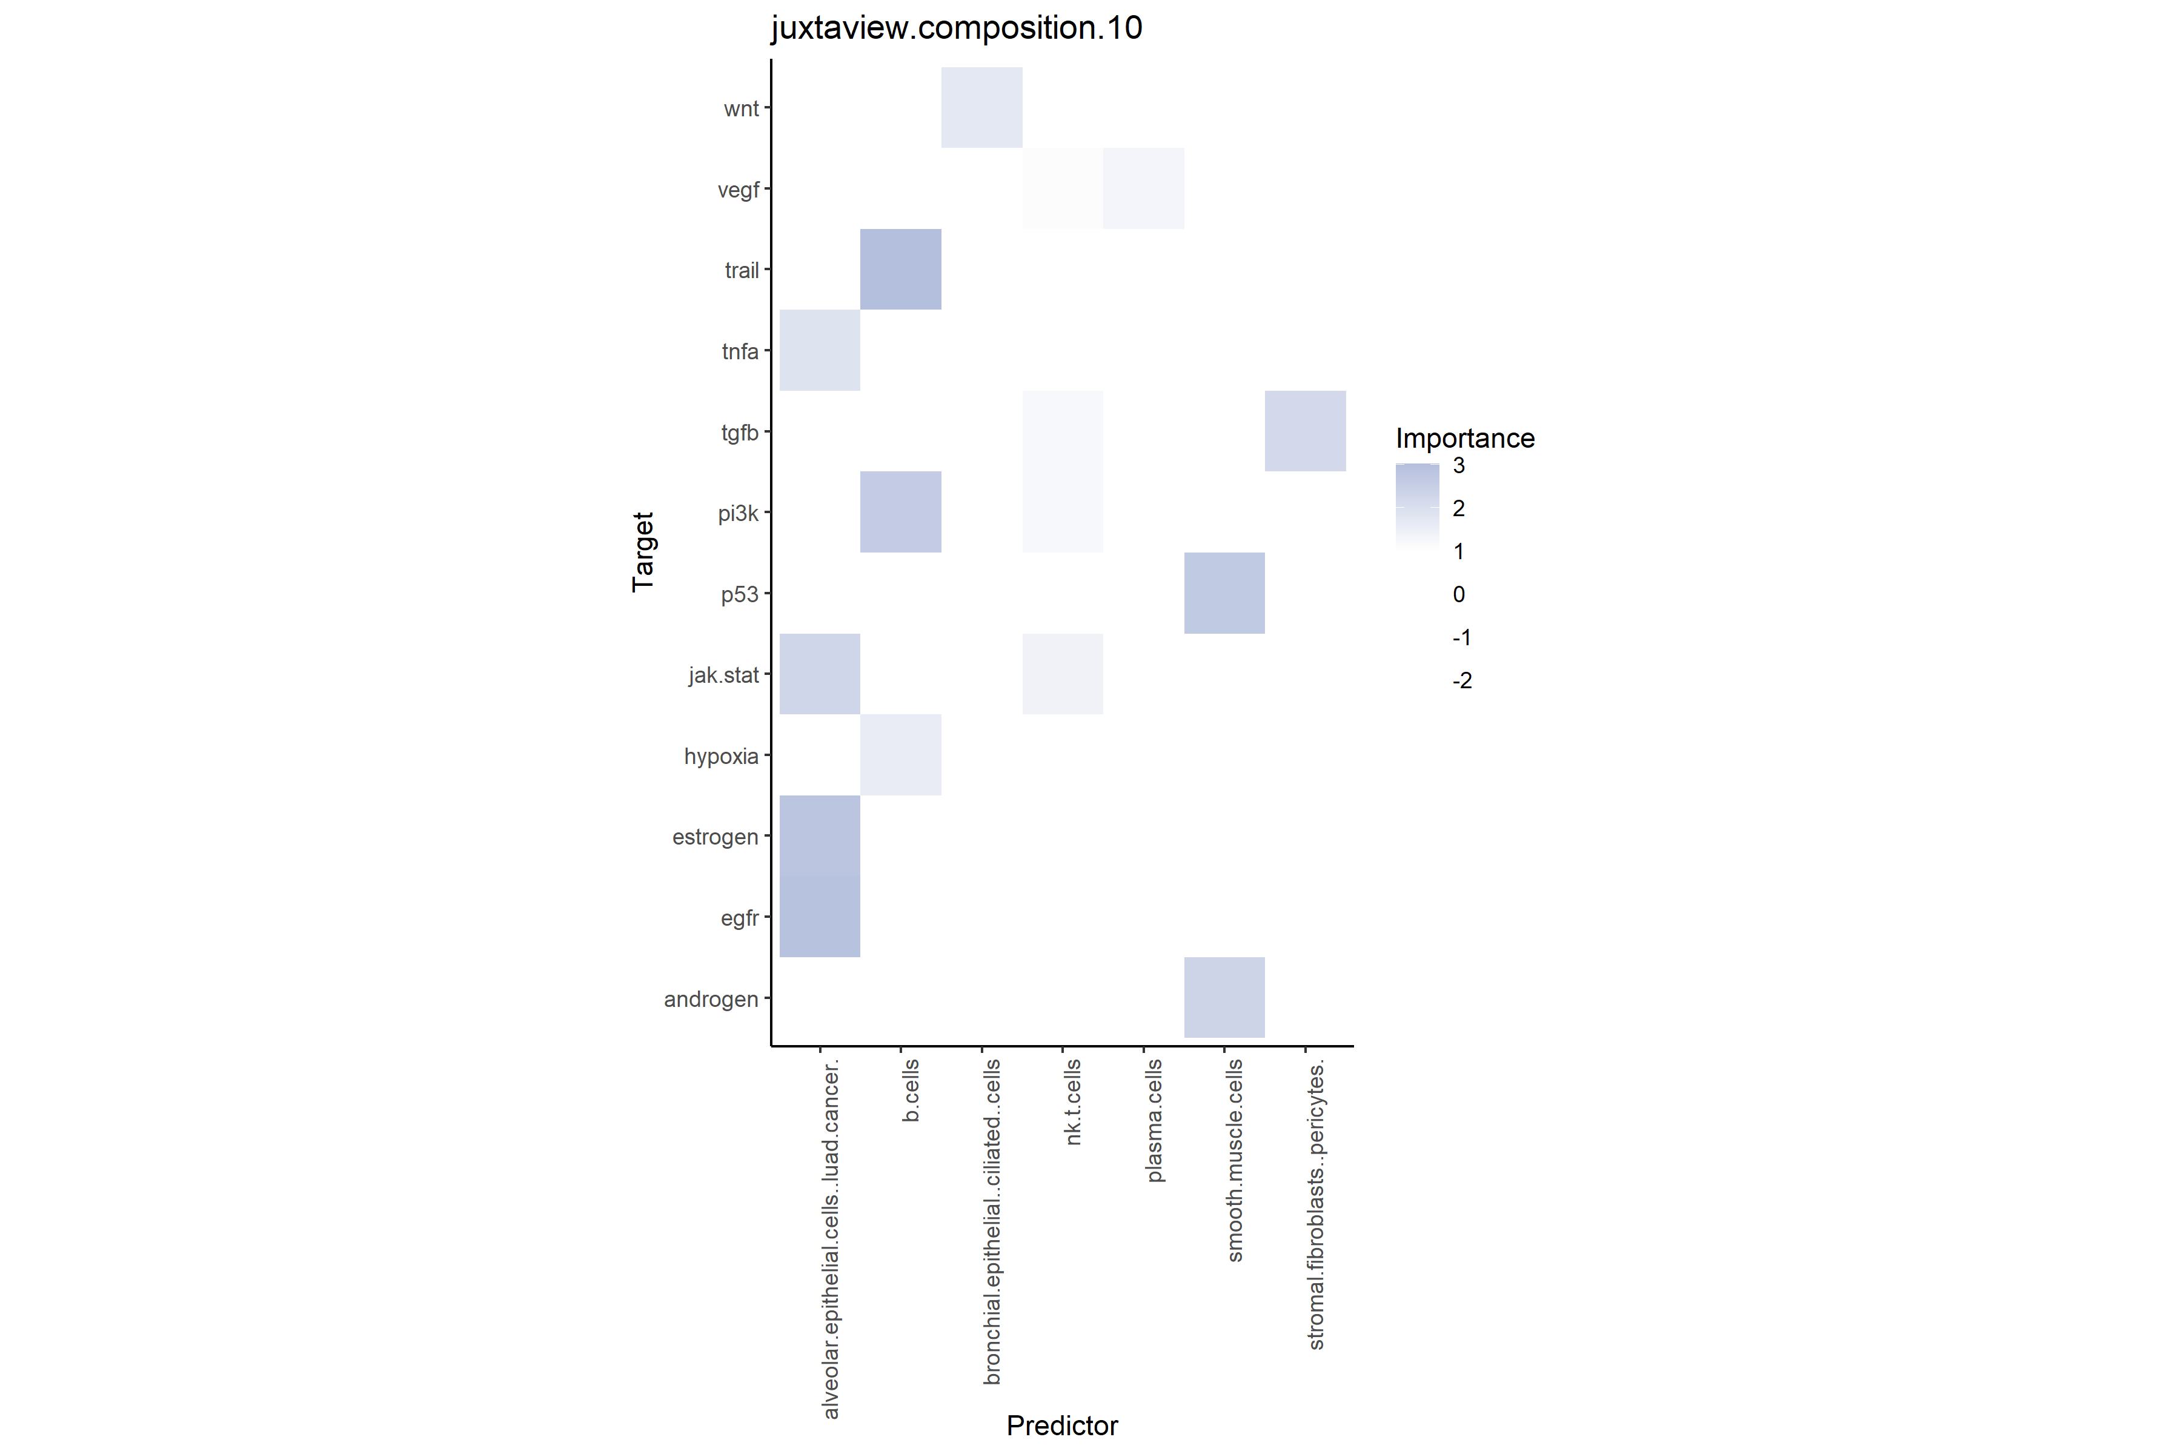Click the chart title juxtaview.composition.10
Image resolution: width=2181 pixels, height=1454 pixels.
[956, 28]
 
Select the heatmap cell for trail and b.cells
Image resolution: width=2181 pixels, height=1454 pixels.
[900, 269]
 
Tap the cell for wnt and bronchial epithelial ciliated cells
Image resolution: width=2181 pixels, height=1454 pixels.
[981, 108]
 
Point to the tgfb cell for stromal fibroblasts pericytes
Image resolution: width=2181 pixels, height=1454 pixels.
[1305, 431]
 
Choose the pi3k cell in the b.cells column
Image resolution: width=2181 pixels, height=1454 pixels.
[900, 512]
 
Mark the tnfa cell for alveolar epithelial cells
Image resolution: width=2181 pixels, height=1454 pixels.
[820, 351]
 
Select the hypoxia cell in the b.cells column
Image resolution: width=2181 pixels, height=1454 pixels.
[900, 755]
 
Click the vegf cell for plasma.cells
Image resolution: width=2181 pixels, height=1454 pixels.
[1143, 188]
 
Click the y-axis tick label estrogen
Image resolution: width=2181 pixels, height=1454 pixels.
[715, 837]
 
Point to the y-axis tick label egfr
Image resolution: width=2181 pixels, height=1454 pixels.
[739, 918]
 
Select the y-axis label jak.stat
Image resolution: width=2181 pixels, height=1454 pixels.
[723, 675]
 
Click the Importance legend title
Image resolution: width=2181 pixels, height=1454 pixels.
[1465, 439]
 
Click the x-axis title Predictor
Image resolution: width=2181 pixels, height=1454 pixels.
[1063, 1426]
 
